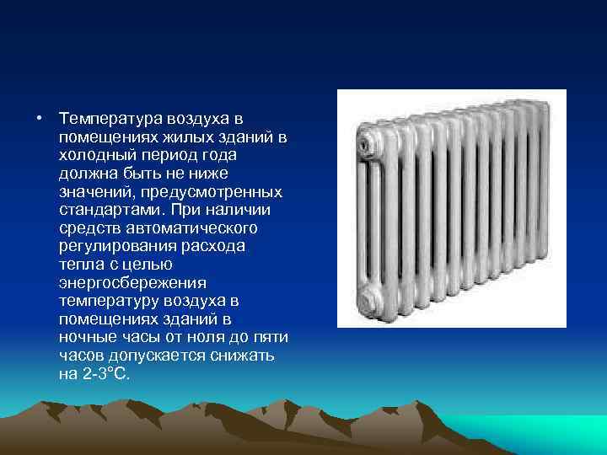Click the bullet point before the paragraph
point(39,117)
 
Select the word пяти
point(271,338)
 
